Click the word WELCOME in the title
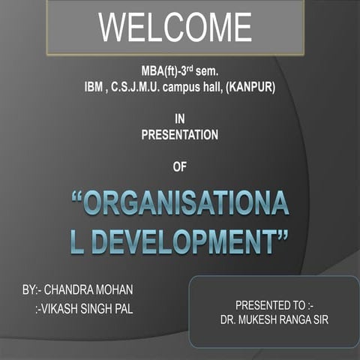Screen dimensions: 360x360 pos(175,28)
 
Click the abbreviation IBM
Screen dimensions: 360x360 pos(96,88)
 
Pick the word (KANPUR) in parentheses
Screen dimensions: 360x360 pos(250,88)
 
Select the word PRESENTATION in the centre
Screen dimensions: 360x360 pos(179,135)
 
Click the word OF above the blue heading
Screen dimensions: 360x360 pos(178,166)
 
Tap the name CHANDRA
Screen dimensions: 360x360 pos(79,289)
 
